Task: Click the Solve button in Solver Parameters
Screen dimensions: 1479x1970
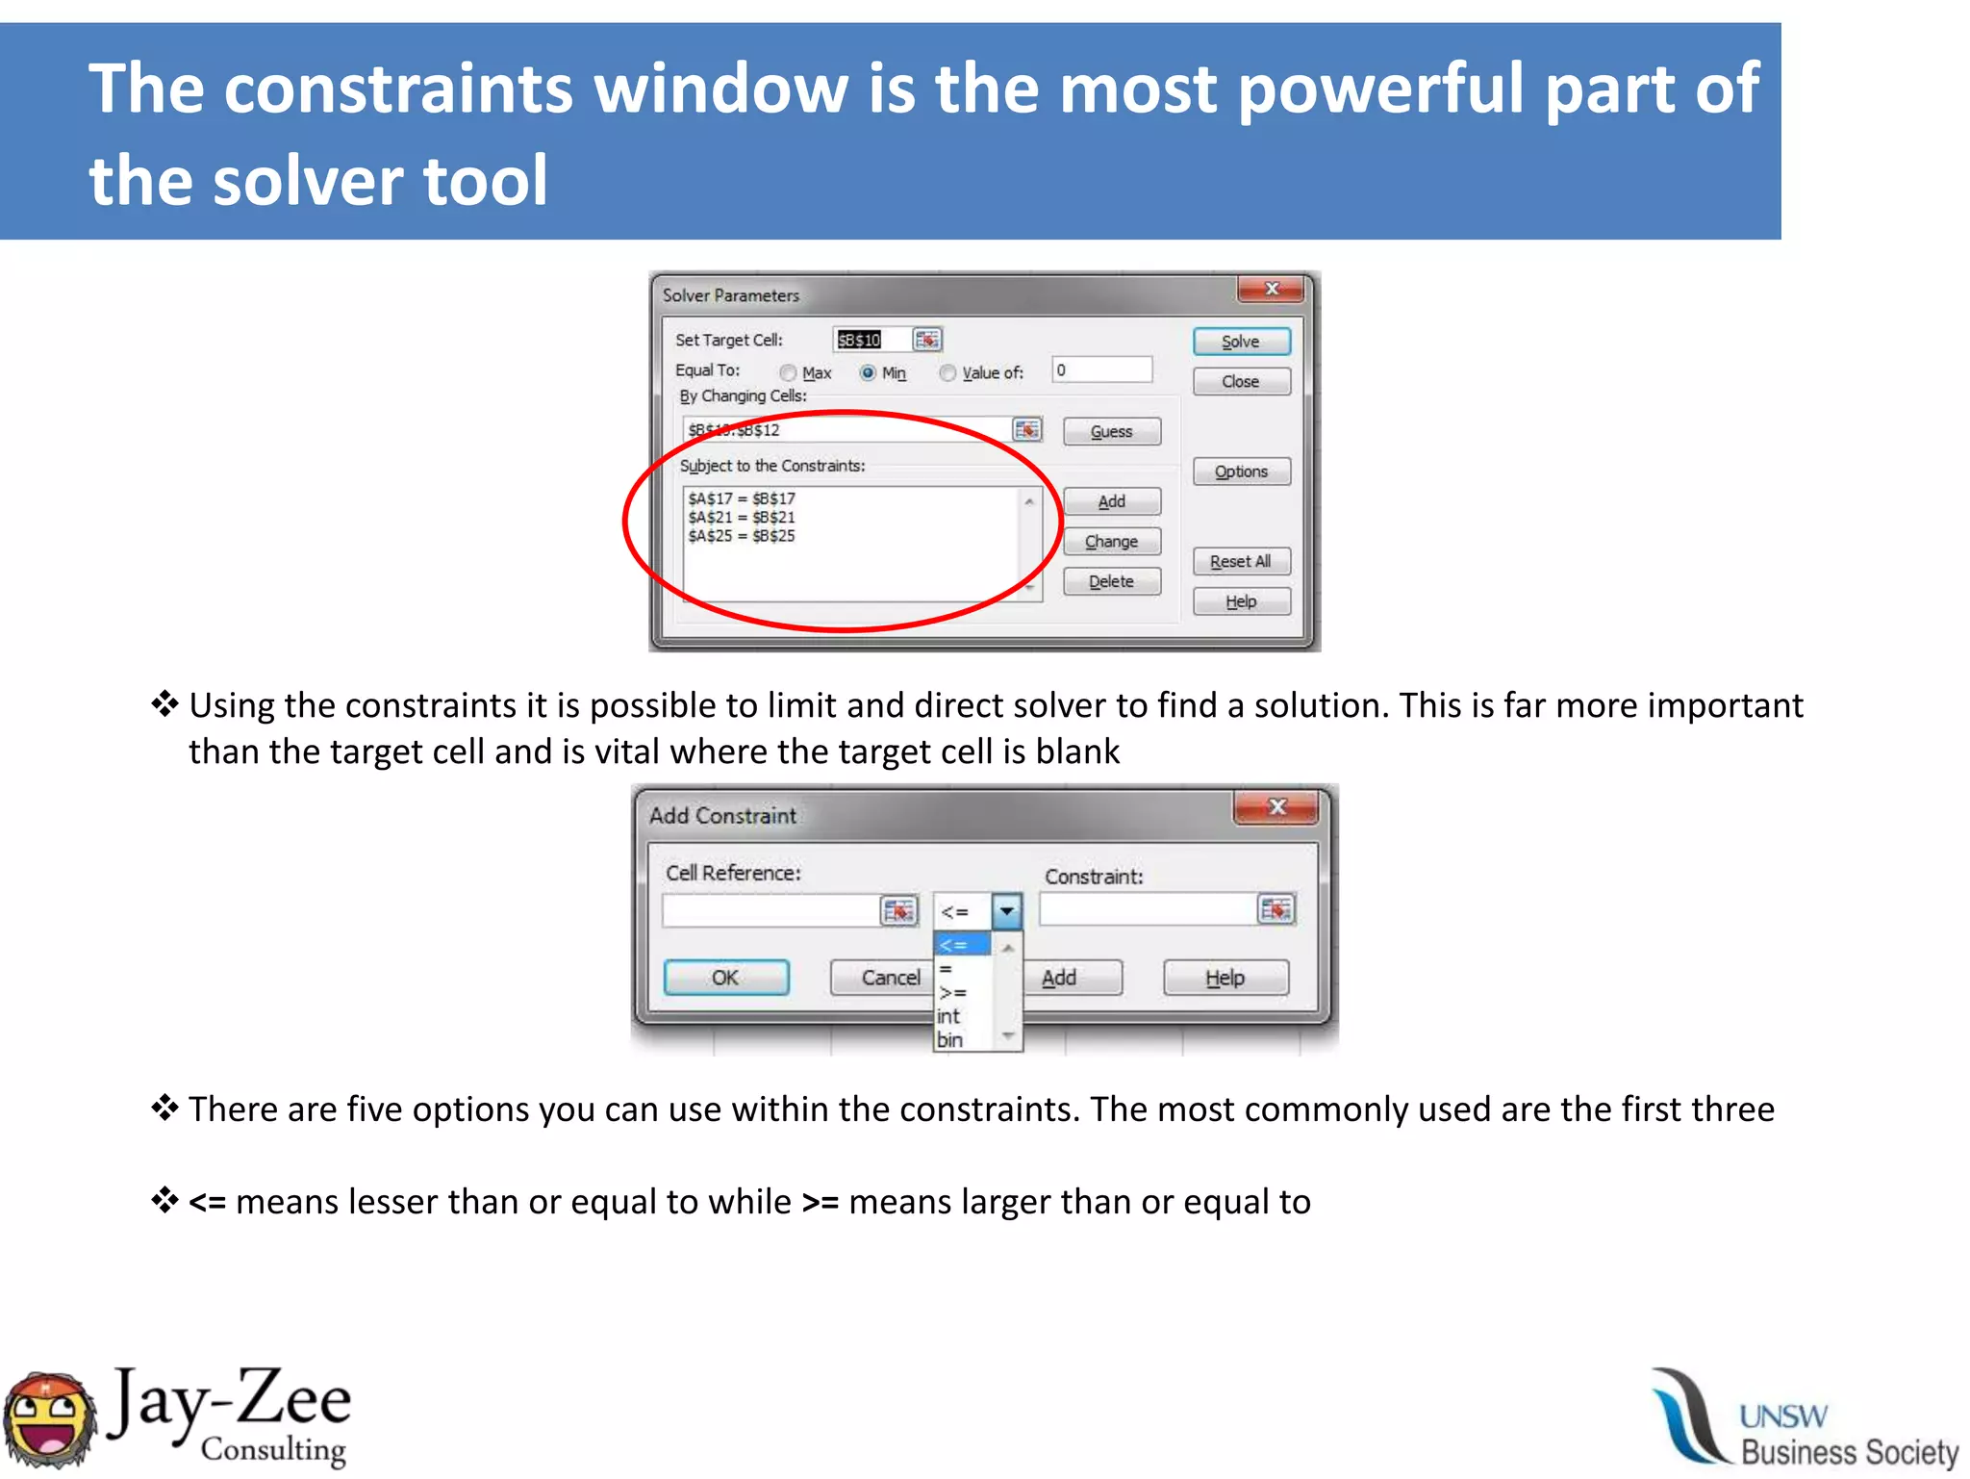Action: coord(1241,342)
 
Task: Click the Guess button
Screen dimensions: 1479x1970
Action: coord(1111,432)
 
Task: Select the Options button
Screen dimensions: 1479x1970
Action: coord(1241,472)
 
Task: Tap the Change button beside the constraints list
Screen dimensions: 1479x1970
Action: coord(1111,542)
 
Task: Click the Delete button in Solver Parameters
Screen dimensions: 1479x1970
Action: coord(1111,581)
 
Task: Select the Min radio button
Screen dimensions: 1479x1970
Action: coord(868,373)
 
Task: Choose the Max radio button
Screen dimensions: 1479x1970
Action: coord(789,373)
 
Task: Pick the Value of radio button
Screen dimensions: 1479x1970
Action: coord(948,373)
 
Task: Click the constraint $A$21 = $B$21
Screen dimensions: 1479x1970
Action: coord(742,518)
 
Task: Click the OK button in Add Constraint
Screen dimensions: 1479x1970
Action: coord(726,978)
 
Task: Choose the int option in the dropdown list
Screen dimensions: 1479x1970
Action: coord(949,1016)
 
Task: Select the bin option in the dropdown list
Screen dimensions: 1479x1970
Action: coord(949,1040)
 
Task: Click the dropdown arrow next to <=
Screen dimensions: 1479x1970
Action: coord(1006,910)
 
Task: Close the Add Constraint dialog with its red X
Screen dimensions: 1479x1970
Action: coord(1276,807)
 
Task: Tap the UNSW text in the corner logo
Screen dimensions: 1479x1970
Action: coord(1783,1416)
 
